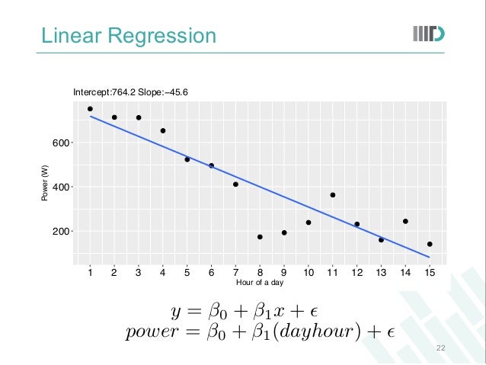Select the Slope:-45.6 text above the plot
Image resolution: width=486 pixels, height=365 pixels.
coord(163,92)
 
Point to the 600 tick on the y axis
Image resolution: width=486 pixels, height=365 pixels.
coord(59,142)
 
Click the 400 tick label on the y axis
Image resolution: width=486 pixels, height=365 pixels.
coord(59,187)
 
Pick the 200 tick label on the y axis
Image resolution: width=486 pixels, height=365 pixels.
coord(59,231)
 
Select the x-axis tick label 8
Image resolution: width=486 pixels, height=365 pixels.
coord(260,272)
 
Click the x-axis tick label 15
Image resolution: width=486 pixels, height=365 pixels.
coord(430,272)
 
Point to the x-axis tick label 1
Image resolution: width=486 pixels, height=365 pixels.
coord(90,272)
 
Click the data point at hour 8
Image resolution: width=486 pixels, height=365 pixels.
coord(260,237)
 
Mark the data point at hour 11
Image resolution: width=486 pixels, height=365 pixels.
coord(333,195)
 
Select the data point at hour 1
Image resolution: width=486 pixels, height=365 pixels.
coord(90,109)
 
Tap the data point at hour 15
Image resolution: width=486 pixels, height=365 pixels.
coord(430,245)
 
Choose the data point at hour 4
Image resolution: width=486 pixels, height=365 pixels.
coord(163,131)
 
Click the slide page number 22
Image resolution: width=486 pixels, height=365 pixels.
coord(440,347)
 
